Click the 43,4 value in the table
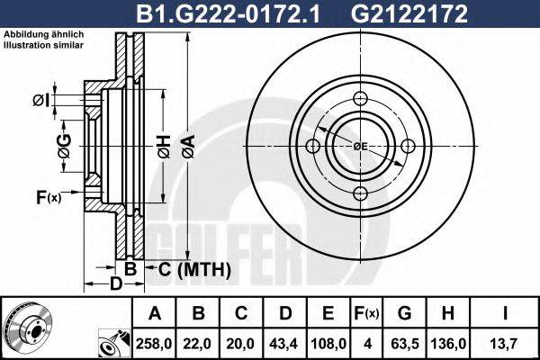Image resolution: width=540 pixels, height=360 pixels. [x=285, y=342]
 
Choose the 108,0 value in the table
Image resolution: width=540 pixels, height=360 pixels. [x=329, y=342]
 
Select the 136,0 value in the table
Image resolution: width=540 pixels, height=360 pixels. [x=450, y=342]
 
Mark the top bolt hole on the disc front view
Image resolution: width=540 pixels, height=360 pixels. [x=360, y=99]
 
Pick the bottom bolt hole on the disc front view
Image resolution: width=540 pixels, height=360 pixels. [x=360, y=193]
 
